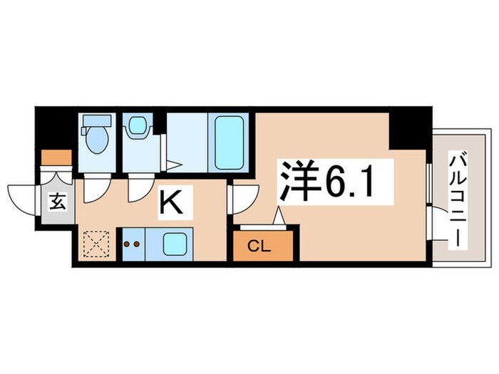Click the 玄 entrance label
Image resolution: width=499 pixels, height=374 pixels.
coord(57,202)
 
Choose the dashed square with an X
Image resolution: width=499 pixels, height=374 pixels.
coord(94,244)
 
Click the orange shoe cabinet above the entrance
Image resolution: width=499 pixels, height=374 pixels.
coord(56,156)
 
